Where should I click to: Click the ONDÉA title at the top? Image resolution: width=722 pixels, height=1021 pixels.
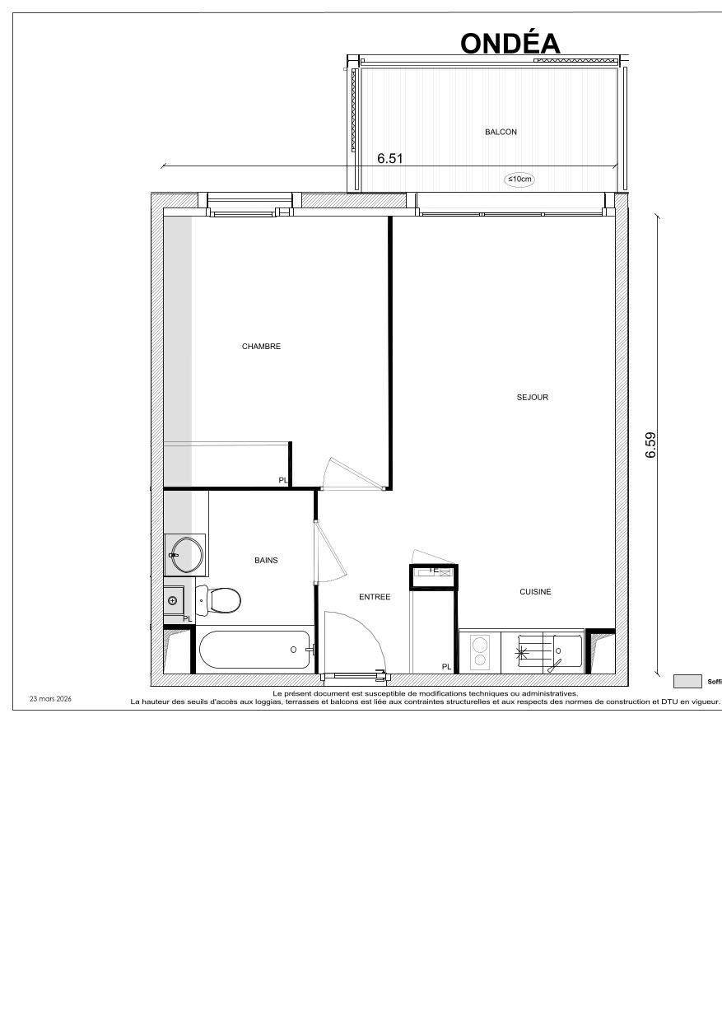(510, 43)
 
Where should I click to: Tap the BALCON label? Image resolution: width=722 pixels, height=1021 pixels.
(501, 132)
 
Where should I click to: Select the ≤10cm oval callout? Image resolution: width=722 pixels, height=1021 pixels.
(519, 179)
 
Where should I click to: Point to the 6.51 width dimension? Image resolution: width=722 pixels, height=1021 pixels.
(389, 159)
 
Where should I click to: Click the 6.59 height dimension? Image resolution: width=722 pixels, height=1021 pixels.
(650, 445)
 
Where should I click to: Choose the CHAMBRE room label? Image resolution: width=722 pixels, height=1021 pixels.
(261, 347)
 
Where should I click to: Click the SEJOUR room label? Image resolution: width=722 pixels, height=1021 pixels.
(532, 398)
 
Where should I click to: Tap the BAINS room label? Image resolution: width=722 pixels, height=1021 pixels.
(266, 561)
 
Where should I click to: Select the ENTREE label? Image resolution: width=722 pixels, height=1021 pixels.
(375, 597)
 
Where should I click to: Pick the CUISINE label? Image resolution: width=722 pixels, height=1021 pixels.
(535, 592)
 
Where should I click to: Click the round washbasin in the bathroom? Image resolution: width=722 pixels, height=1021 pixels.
(187, 554)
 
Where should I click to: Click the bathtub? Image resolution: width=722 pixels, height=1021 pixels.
(254, 650)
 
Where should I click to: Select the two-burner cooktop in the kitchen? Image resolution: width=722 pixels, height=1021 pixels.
(478, 650)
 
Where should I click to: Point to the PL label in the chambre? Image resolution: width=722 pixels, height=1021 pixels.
(282, 480)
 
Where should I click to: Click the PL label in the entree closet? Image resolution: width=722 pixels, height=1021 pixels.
(446, 667)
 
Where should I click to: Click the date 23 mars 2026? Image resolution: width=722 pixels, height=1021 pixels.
(50, 699)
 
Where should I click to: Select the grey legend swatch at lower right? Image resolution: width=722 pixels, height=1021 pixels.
(687, 681)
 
